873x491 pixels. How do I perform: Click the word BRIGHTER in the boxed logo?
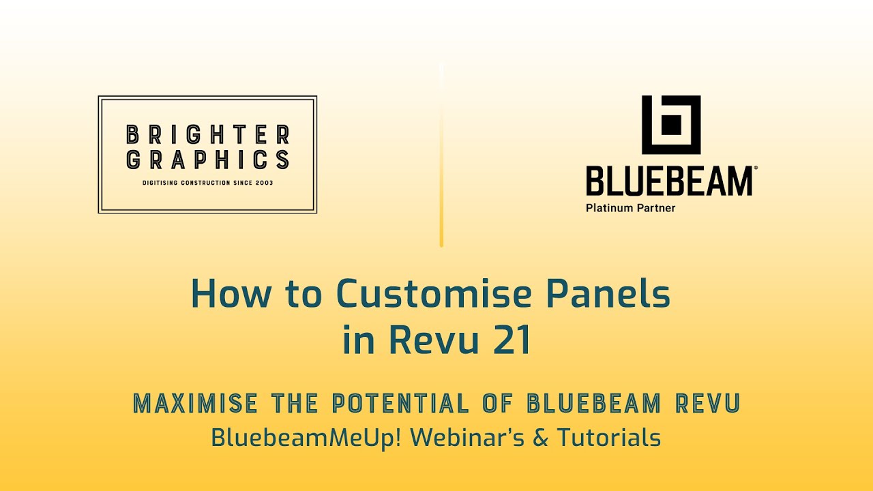208,135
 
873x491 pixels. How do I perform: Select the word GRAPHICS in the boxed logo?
208,160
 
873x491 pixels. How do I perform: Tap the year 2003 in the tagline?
263,183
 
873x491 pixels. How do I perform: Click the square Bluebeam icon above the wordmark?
671,125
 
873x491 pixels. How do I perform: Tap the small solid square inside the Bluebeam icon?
672,125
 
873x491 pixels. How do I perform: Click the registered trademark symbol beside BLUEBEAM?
754,168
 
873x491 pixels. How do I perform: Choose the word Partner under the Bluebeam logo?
657,208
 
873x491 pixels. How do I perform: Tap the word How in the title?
231,294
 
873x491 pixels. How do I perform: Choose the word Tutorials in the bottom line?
609,437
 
